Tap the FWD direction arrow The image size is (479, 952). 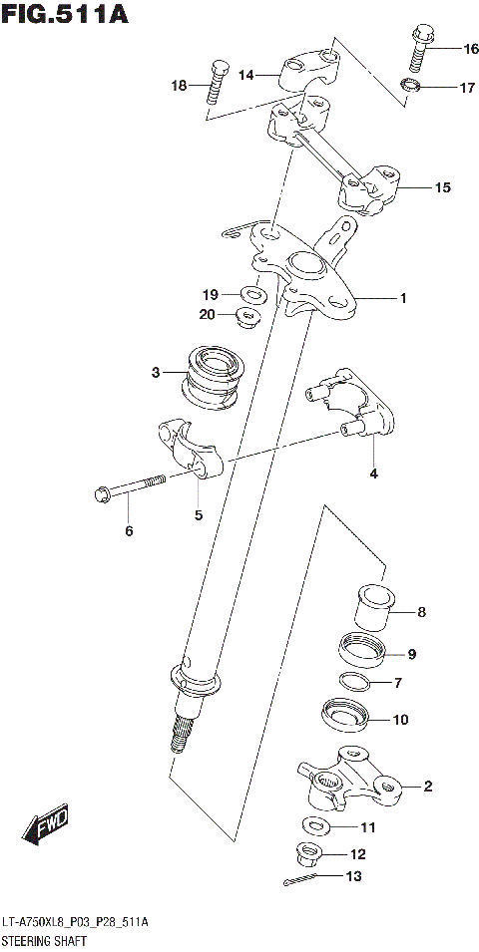47,822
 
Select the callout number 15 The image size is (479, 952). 443,186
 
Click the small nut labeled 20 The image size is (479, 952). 246,318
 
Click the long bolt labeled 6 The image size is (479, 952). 130,488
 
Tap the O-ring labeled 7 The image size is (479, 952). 354,683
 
